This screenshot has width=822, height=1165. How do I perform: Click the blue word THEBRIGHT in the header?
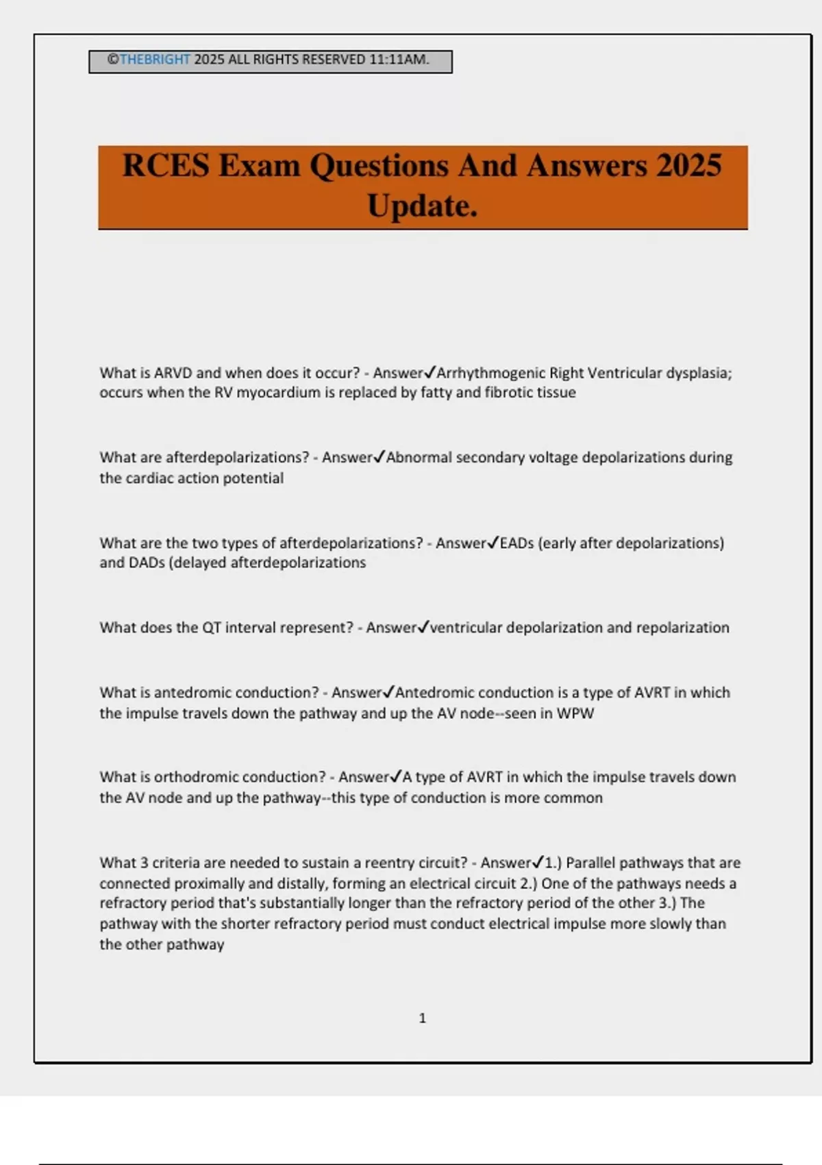coord(155,60)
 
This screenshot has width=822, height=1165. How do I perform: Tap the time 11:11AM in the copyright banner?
coord(399,60)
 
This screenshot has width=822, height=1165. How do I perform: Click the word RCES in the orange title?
coord(166,166)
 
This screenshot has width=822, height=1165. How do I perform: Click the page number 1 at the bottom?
coord(422,1018)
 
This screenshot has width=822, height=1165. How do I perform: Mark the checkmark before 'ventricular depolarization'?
coord(423,626)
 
